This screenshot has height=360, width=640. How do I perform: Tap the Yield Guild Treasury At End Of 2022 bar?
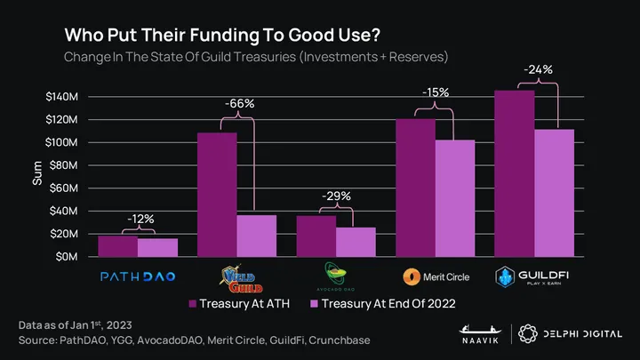[x=256, y=236]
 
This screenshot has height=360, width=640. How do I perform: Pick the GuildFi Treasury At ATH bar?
[x=515, y=173]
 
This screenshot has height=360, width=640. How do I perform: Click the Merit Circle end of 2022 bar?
[x=455, y=198]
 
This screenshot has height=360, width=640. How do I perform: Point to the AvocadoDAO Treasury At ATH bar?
[x=316, y=236]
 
